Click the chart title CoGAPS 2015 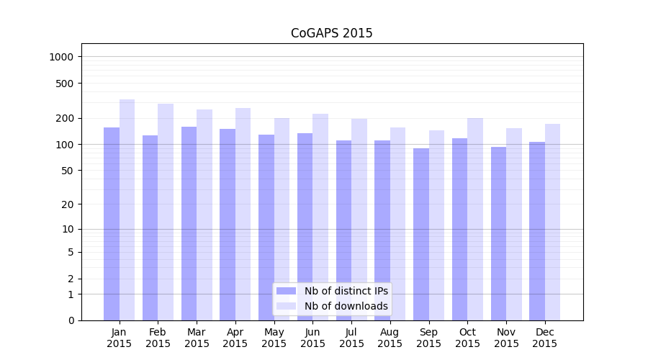pos(331,33)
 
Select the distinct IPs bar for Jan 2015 pos(112,223)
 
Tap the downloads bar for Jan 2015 pos(127,209)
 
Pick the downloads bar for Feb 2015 pos(166,212)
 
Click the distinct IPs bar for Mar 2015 pos(189,223)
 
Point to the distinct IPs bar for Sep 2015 pos(421,234)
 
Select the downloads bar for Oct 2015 pos(475,219)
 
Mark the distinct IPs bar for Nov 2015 pos(498,233)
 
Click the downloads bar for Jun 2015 pos(320,217)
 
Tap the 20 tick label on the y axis pos(68,204)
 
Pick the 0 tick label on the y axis pos(71,320)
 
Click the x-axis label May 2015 pos(274,338)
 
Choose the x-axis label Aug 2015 pos(390,338)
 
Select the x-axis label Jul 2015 pos(351,338)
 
